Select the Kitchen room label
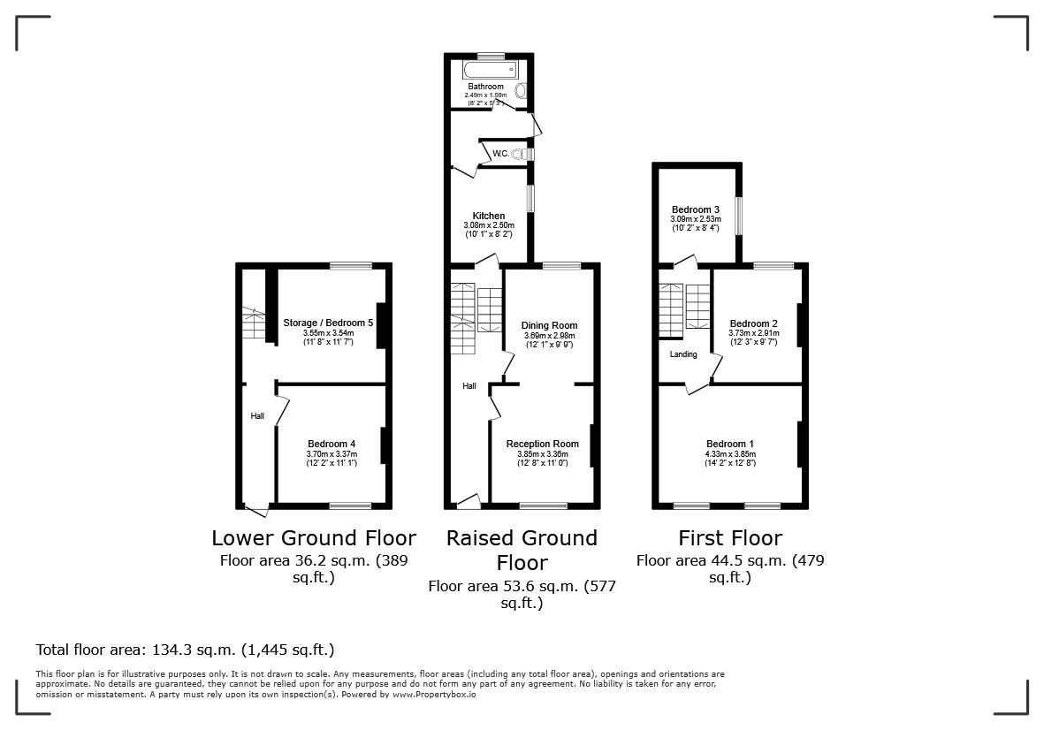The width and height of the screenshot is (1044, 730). [x=489, y=216]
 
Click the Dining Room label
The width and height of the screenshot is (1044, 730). [x=548, y=325]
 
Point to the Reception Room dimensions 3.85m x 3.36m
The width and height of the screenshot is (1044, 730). [x=542, y=454]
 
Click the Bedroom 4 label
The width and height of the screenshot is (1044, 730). [x=331, y=444]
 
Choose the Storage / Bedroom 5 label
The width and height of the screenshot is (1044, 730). [x=328, y=323]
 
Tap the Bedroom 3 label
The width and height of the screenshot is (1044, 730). [x=696, y=209]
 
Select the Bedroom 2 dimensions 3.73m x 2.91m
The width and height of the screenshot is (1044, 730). [x=752, y=333]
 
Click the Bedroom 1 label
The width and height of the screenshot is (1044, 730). [x=730, y=444]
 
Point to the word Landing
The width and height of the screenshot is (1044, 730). [x=683, y=354]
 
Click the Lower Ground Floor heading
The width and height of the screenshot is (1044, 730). [x=314, y=538]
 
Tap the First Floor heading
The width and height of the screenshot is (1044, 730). [x=730, y=538]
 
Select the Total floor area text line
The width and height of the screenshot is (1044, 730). [x=185, y=650]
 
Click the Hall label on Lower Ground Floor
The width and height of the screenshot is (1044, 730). [x=257, y=416]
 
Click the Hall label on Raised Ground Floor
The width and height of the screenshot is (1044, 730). [x=469, y=386]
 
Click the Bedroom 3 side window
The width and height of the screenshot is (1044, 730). [x=740, y=217]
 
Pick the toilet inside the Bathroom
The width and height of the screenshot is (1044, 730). [x=521, y=91]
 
